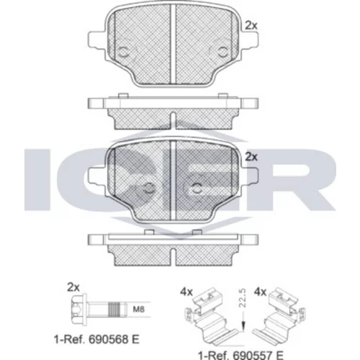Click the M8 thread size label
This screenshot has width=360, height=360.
tap(139, 309)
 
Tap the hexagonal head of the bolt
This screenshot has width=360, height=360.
tap(77, 309)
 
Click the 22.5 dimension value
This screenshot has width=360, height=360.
tap(243, 298)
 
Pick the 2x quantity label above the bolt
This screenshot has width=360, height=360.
tap(73, 287)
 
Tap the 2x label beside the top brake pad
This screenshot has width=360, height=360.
tap(251, 25)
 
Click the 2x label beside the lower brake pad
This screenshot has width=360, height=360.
tap(251, 157)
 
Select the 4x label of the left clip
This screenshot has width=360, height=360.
tap(186, 292)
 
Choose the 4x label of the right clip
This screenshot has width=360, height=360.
tap(260, 292)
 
